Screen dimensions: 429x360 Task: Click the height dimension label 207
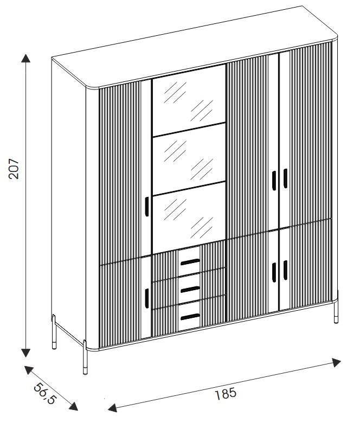click(x=15, y=169)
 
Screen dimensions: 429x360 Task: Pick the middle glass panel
click(x=188, y=158)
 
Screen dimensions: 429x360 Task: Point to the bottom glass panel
click(x=188, y=213)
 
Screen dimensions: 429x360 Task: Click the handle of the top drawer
click(x=190, y=262)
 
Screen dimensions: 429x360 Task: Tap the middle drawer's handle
click(x=190, y=289)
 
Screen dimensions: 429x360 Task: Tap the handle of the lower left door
click(x=146, y=297)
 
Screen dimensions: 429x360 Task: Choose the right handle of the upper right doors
click(x=285, y=178)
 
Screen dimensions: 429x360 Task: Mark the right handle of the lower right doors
click(x=285, y=270)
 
